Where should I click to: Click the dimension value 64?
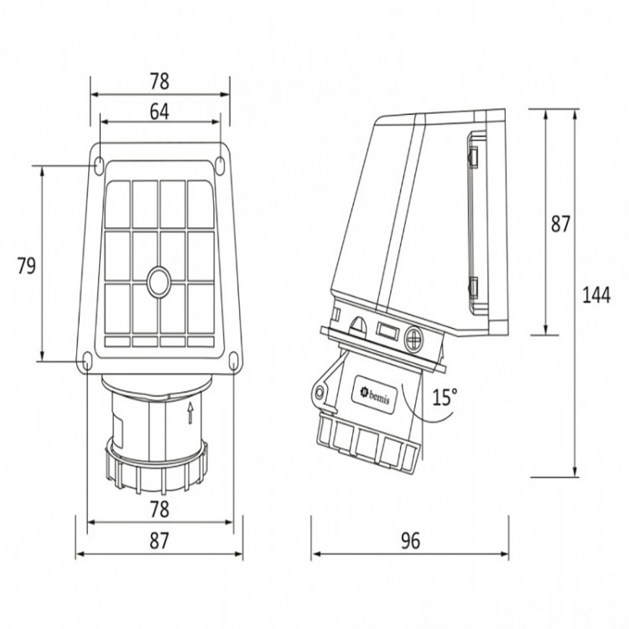coord(159,112)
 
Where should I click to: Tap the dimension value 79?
coord(27,266)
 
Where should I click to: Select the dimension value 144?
coord(596,295)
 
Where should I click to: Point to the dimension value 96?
coord(410,540)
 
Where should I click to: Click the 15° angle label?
coord(444,397)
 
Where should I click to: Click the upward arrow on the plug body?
coord(190,413)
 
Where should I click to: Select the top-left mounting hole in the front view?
coord(99,165)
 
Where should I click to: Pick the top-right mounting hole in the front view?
coord(221,165)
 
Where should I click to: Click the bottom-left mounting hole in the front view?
coord(87,360)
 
